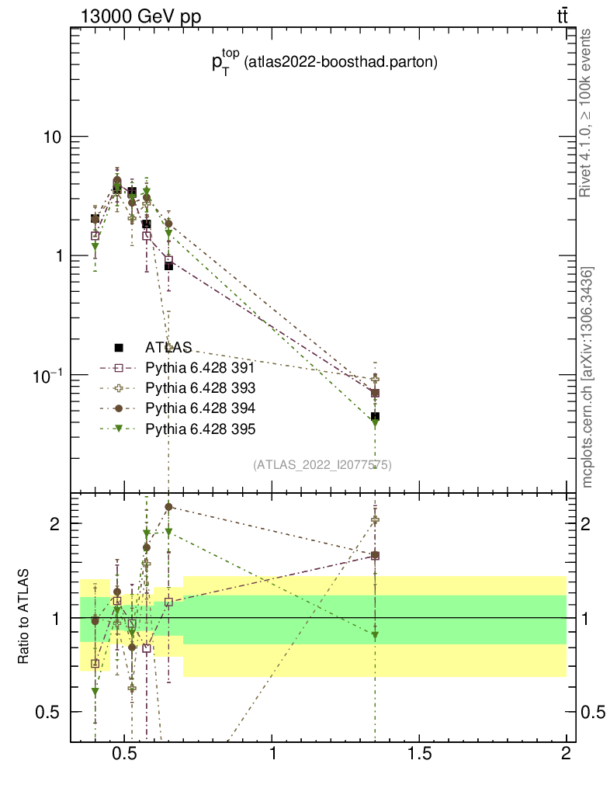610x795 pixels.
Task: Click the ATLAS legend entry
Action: click(x=168, y=347)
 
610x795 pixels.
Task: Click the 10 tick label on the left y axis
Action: click(x=51, y=137)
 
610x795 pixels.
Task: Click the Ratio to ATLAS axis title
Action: click(x=24, y=616)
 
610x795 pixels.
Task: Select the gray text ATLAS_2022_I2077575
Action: click(x=321, y=465)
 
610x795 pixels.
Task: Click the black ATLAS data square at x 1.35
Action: click(x=375, y=417)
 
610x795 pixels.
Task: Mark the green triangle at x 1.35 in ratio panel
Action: click(x=375, y=635)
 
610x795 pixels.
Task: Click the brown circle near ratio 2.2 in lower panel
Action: click(x=168, y=507)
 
